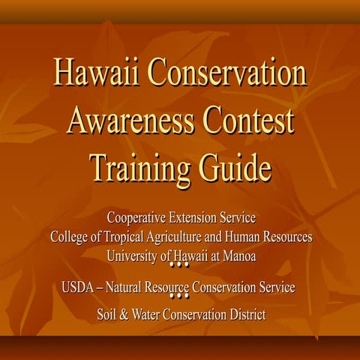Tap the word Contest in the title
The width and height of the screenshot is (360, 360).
244,120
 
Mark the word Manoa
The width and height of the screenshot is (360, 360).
238,256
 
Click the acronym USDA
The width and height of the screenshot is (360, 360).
80,287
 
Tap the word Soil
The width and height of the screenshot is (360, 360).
107,315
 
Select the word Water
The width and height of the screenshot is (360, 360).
145,315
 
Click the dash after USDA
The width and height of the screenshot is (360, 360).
106,287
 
